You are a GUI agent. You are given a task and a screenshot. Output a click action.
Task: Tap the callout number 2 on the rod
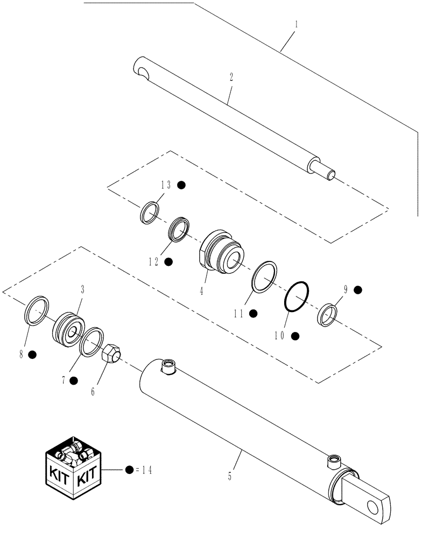coord(231,77)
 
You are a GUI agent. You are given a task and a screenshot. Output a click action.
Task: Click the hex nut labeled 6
coord(112,354)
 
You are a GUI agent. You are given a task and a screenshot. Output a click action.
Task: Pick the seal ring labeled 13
coord(150,212)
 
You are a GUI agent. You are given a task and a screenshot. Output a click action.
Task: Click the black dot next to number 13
coord(181,185)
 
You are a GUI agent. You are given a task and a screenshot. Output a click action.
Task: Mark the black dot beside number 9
coord(358,289)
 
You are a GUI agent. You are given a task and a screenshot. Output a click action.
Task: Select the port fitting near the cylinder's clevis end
coord(332,459)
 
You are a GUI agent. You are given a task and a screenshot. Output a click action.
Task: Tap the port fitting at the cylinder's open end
coord(167,367)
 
